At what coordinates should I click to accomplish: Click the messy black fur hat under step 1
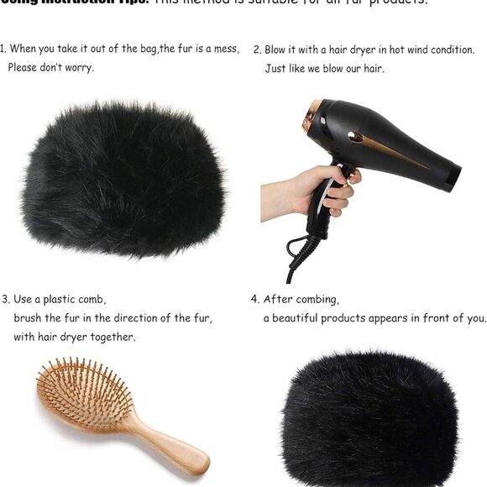tap(124, 168)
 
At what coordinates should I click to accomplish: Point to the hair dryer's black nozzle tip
tap(453, 176)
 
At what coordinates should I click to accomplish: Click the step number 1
tap(3, 50)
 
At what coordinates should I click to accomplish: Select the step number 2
tap(256, 50)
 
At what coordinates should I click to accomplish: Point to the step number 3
tap(5, 299)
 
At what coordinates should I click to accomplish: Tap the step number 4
tap(254, 299)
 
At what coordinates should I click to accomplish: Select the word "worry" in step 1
tap(77, 68)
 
